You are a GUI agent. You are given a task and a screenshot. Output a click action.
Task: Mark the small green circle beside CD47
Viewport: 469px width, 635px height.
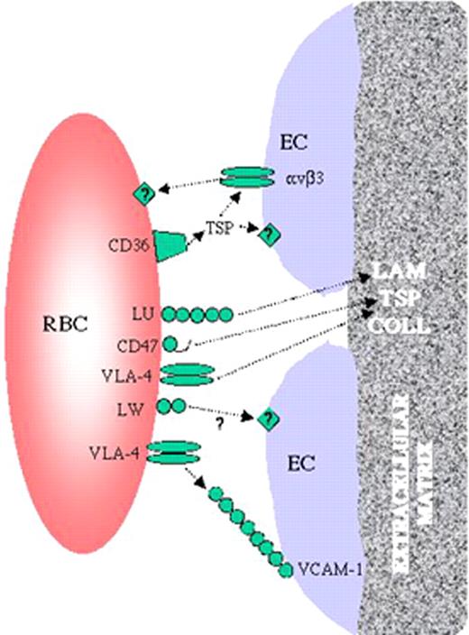pyautogui.click(x=170, y=344)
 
